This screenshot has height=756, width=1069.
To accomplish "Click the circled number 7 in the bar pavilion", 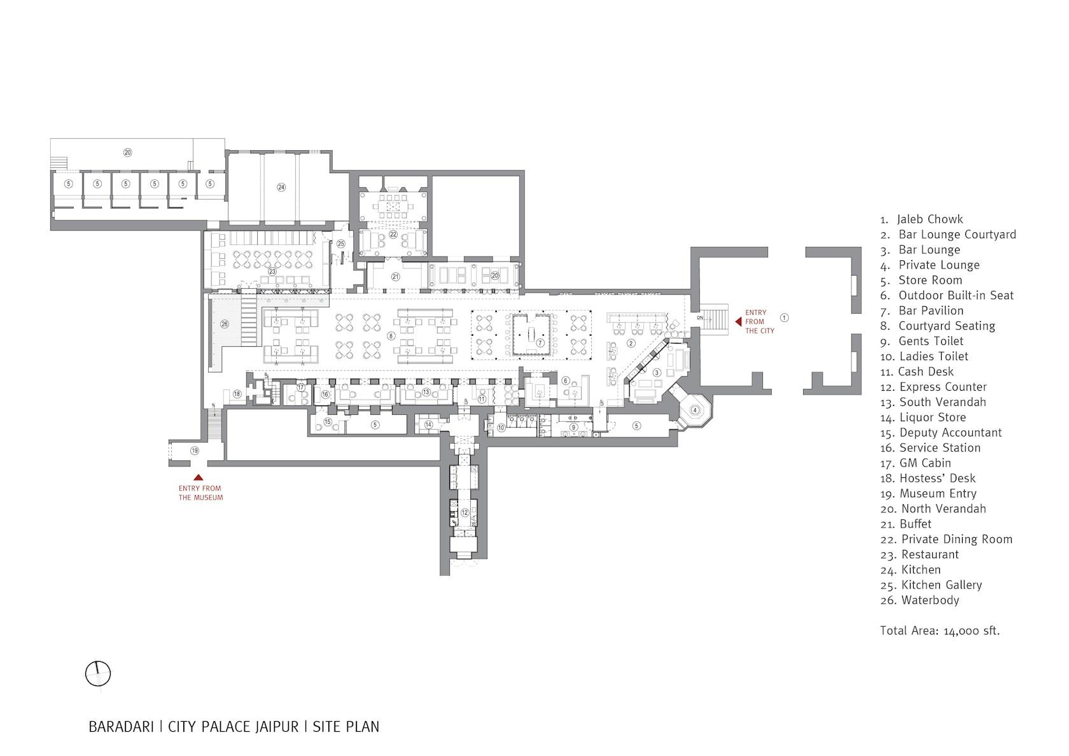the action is coord(540,342).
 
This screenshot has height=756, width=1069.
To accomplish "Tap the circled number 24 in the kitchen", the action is coord(281,187).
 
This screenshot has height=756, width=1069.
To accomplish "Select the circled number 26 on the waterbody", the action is coord(225,324).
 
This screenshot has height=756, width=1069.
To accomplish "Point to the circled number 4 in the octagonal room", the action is coord(695,410).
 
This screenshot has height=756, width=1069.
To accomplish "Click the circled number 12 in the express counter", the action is coord(465,513).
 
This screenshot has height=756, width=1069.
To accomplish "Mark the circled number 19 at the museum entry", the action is coord(194,450).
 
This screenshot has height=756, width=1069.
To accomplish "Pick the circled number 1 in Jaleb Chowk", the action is coord(784,318).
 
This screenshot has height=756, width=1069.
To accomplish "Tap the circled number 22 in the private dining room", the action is coord(393,234).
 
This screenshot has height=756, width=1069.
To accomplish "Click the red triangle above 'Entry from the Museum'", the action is coord(198,477).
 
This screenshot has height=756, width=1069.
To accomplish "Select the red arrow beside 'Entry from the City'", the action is coord(738,321).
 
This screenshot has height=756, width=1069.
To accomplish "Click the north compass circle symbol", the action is coord(98,674).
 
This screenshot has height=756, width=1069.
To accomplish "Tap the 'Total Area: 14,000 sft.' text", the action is coord(940,631).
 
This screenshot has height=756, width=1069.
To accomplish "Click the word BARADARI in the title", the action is coord(121,727).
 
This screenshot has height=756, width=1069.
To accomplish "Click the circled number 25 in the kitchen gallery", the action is coord(341,244).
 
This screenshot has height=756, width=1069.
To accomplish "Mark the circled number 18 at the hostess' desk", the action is coord(237,395).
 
